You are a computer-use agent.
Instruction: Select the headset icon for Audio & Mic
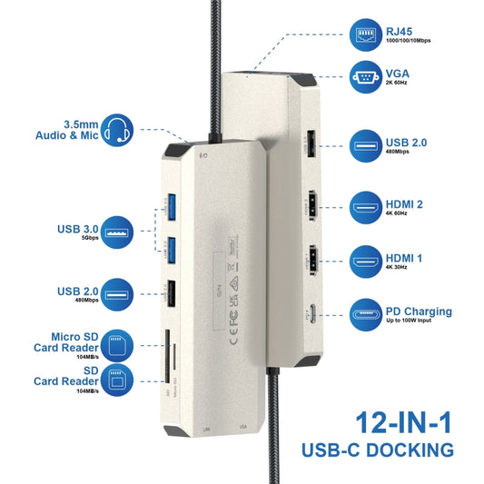click(x=120, y=130)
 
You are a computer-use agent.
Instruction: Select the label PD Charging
click(x=417, y=311)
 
